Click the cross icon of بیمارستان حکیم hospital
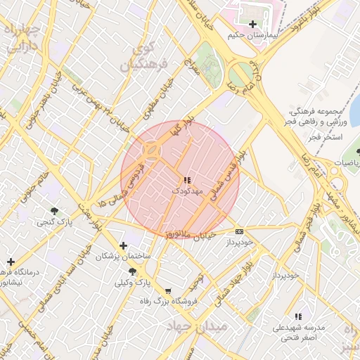(253, 24)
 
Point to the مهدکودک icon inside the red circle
(186, 181)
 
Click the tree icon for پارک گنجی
(54, 212)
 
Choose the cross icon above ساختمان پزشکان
(124, 245)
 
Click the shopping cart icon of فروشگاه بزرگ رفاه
(168, 291)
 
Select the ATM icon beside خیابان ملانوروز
(240, 231)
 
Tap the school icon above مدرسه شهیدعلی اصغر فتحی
(299, 317)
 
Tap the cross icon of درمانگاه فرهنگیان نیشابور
(11, 262)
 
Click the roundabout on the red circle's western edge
(151, 150)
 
